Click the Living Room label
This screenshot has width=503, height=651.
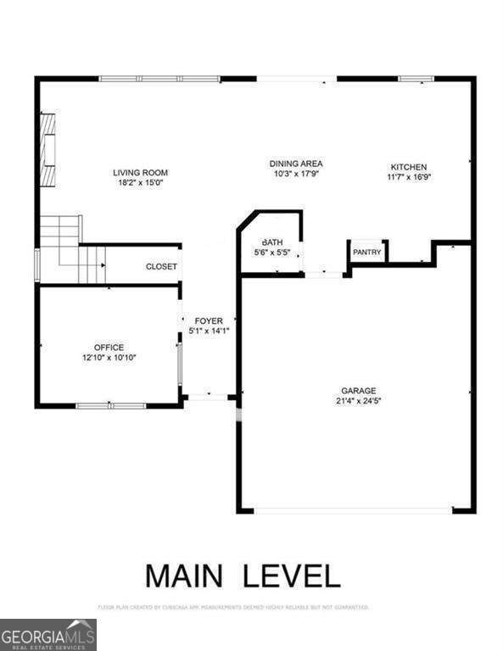pyautogui.click(x=141, y=172)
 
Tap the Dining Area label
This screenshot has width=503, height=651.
pyautogui.click(x=296, y=164)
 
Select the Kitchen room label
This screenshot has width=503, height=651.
pyautogui.click(x=408, y=167)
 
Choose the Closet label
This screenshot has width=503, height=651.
pyautogui.click(x=161, y=266)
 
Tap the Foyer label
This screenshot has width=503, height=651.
pyautogui.click(x=209, y=321)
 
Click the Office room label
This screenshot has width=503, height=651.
pyautogui.click(x=109, y=348)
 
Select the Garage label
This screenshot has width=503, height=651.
pyautogui.click(x=359, y=391)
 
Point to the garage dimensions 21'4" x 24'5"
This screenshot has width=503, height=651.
pyautogui.click(x=359, y=401)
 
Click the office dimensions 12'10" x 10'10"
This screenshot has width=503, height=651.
pyautogui.click(x=109, y=358)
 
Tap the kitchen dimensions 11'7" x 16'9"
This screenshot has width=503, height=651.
pyautogui.click(x=408, y=177)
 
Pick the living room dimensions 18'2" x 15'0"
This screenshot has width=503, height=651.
pyautogui.click(x=141, y=182)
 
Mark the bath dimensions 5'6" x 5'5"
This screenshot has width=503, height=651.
pyautogui.click(x=271, y=252)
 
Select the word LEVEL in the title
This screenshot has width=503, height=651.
pyautogui.click(x=292, y=575)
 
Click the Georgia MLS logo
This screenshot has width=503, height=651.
pyautogui.click(x=48, y=634)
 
